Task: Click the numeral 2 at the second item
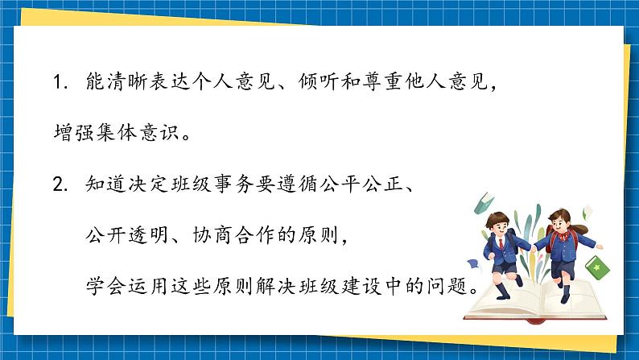pyautogui.click(x=57, y=187)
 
